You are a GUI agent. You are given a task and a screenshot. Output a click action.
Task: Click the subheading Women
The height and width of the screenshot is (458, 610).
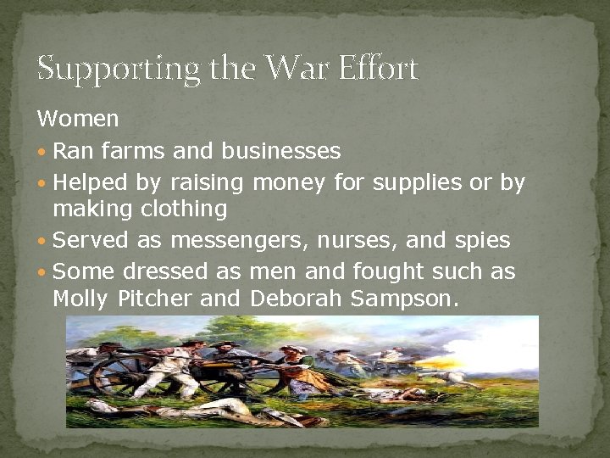(78, 118)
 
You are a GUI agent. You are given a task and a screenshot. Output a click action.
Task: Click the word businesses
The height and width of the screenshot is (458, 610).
(280, 152)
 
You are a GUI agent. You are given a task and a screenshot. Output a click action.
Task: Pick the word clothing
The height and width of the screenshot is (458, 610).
(186, 209)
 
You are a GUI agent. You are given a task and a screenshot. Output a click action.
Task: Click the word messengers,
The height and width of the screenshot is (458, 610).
(239, 241)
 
